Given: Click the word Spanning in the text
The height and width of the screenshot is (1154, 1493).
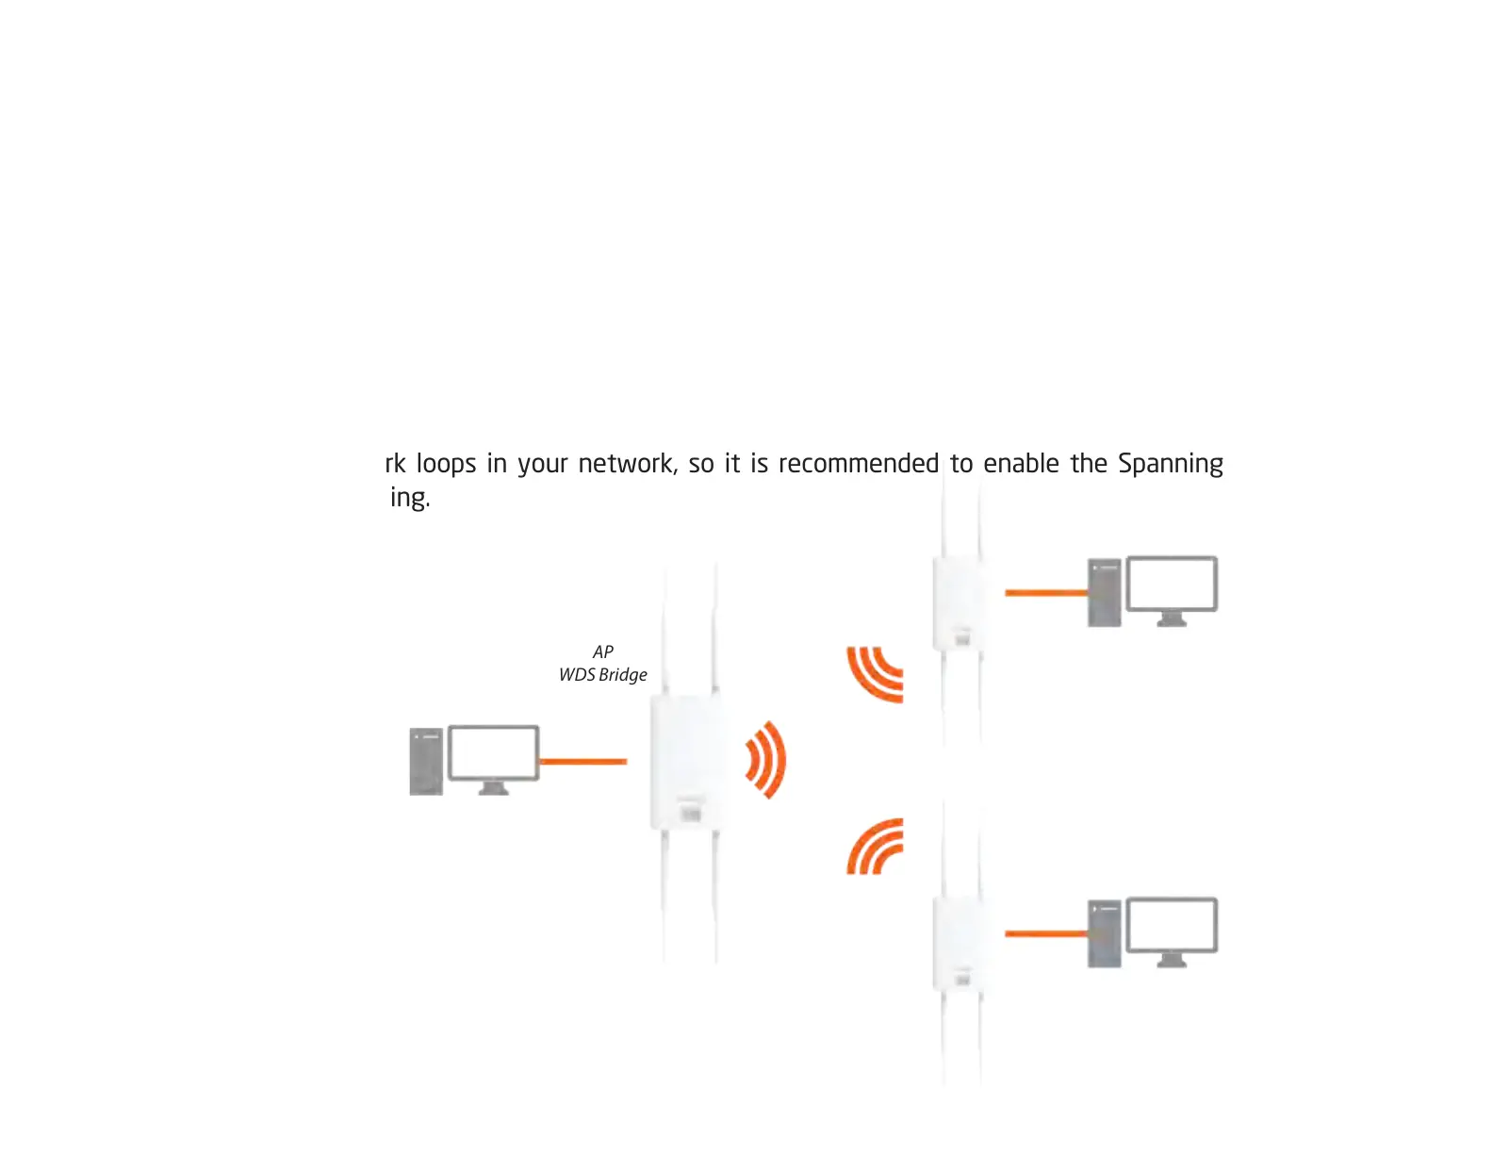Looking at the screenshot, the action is [x=1170, y=464].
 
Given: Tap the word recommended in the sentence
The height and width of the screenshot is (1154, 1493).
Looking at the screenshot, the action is [x=858, y=464].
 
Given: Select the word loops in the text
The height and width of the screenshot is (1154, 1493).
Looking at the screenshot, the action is [x=446, y=464].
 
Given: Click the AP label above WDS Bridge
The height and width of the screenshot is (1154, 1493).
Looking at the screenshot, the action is [x=603, y=651].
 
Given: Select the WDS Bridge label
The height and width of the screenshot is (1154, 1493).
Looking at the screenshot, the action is [x=603, y=675].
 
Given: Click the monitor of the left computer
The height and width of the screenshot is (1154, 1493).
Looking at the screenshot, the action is [x=493, y=752].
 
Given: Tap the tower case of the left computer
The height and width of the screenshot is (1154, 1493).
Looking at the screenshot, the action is [x=426, y=761].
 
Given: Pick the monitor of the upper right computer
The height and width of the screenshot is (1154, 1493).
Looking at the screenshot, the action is [x=1172, y=584].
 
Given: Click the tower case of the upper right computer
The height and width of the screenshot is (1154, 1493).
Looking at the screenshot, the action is [x=1105, y=593].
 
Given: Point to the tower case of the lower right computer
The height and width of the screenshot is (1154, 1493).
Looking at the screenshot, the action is [x=1105, y=933].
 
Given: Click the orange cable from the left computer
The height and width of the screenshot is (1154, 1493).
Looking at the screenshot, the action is [x=582, y=761].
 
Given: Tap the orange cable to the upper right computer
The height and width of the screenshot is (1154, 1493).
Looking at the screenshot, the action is [x=1046, y=593].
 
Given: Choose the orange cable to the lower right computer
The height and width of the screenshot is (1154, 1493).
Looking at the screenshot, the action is [x=1046, y=933].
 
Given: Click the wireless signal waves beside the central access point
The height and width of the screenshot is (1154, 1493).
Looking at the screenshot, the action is [x=766, y=760].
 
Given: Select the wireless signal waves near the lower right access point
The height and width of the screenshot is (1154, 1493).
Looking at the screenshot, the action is [x=876, y=846].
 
